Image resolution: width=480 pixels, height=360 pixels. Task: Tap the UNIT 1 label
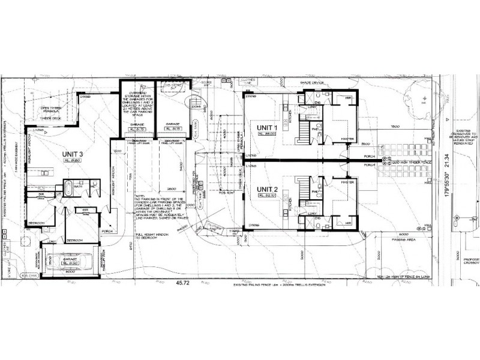(268, 128)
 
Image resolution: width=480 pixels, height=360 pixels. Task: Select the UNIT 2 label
(268, 190)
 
